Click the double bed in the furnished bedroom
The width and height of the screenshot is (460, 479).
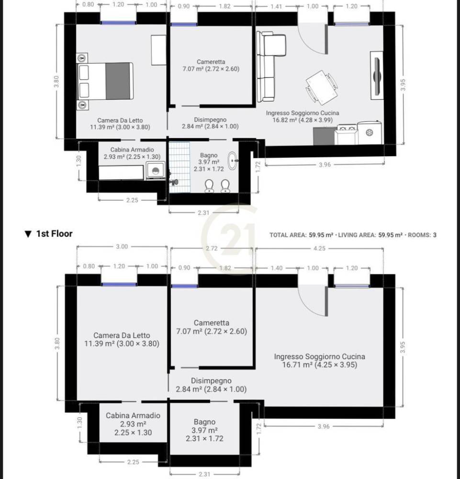click(105, 81)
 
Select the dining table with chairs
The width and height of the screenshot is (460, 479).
click(322, 87)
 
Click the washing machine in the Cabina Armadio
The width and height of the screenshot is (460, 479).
click(156, 171)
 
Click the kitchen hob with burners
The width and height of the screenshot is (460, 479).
click(347, 135)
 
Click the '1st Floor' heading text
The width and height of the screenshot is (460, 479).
click(55, 234)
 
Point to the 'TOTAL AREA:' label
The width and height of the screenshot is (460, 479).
click(288, 235)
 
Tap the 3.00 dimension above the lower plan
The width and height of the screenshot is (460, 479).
click(122, 247)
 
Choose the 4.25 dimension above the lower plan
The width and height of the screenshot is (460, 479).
click(319, 248)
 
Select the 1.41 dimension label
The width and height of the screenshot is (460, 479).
click(276, 6)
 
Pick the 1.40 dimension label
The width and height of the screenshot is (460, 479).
click(277, 268)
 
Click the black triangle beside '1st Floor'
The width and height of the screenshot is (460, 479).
click(28, 234)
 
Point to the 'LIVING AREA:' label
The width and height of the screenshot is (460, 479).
click(357, 235)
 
